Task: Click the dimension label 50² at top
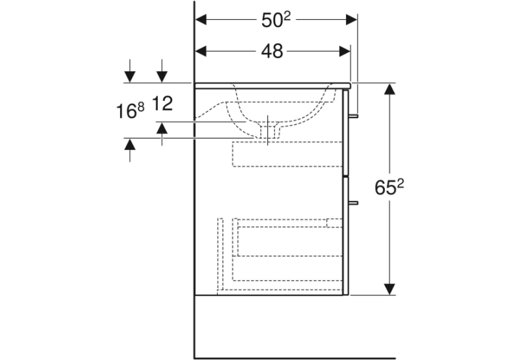pyautogui.click(x=276, y=20)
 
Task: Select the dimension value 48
pyautogui.click(x=272, y=52)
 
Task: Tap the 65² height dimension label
pyautogui.click(x=389, y=187)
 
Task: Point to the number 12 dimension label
pyautogui.click(x=162, y=104)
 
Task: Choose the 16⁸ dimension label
pyautogui.click(x=130, y=110)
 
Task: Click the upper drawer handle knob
pyautogui.click(x=354, y=116)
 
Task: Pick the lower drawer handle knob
pyautogui.click(x=354, y=203)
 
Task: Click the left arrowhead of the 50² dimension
pyautogui.click(x=201, y=20)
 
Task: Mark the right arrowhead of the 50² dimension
pyautogui.click(x=351, y=20)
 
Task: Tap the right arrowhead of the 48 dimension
pyautogui.click(x=345, y=51)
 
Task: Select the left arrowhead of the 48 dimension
pyautogui.click(x=201, y=51)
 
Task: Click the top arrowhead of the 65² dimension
pyautogui.click(x=389, y=89)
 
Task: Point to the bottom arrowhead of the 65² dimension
pyautogui.click(x=389, y=289)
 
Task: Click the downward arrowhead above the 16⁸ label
pyautogui.click(x=130, y=77)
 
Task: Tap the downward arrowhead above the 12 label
pyautogui.click(x=162, y=77)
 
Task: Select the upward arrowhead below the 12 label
pyautogui.click(x=162, y=128)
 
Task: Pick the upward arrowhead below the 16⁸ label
pyautogui.click(x=130, y=144)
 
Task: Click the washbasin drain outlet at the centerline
pyautogui.click(x=267, y=131)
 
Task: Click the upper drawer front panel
pyautogui.click(x=345, y=133)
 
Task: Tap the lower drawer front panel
pyautogui.click(x=345, y=236)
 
